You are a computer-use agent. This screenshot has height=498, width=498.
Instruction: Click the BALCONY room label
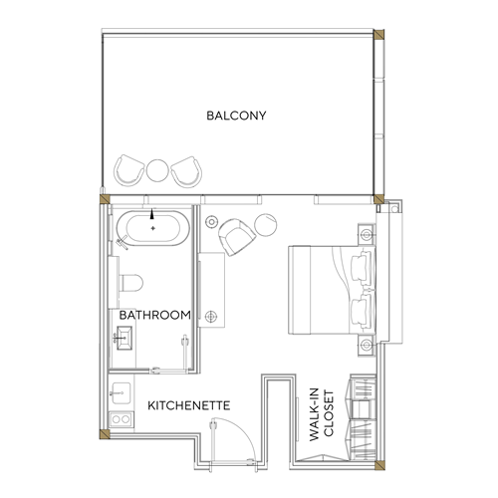point(236,116)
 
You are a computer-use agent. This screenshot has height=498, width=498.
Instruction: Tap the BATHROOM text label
point(155,315)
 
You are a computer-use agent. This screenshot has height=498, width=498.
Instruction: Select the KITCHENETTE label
point(188,405)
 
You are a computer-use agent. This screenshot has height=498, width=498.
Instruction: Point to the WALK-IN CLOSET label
point(321,414)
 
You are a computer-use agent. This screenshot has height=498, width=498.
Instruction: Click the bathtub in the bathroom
point(153,228)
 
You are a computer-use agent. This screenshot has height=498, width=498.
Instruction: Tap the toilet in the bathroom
point(130,283)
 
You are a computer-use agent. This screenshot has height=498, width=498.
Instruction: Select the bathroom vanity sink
point(124,338)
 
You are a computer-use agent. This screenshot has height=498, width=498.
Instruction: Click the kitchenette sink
point(122,393)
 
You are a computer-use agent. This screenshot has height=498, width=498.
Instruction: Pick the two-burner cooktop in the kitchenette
point(121,419)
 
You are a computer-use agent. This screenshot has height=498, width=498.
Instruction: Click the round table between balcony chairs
point(157,170)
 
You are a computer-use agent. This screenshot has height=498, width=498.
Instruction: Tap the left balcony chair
point(128,170)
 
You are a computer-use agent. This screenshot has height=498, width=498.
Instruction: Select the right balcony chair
point(186,172)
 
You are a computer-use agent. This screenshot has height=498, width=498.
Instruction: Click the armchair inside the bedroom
point(236,237)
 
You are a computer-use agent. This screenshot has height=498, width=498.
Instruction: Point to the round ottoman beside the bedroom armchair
point(266,225)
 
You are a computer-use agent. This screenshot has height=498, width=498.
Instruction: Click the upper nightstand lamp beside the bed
point(367,235)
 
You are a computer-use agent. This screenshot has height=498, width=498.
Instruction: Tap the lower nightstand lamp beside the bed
point(367,346)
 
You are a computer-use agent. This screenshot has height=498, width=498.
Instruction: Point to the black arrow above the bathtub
point(152,214)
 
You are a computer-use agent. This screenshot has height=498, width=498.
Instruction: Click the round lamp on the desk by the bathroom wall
point(211,316)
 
